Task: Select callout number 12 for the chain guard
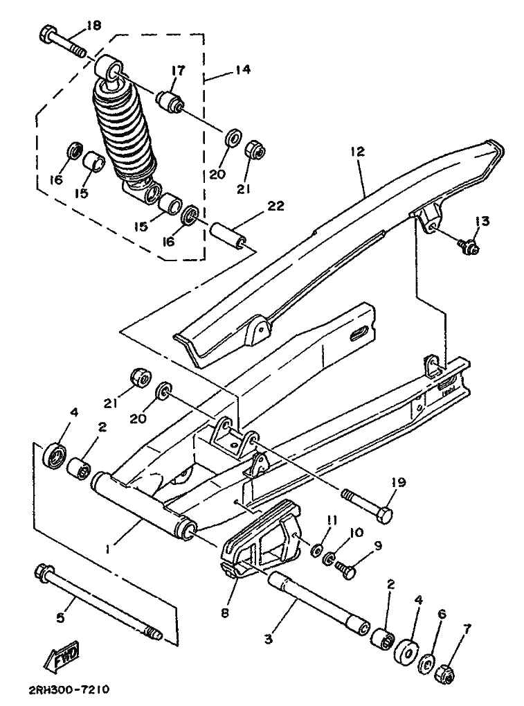[x=358, y=151]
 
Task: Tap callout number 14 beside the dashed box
[x=243, y=70]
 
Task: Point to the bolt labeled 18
[x=63, y=42]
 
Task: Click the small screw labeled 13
[x=468, y=245]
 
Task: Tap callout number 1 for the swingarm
[x=107, y=549]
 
